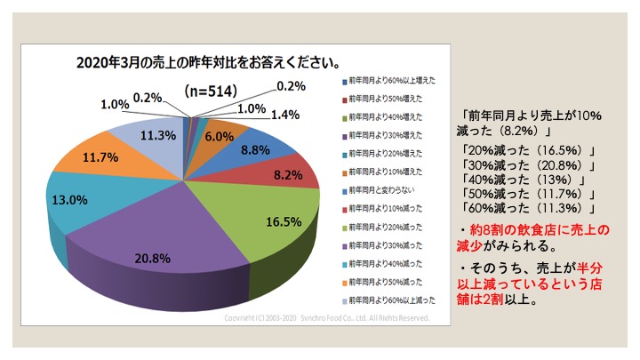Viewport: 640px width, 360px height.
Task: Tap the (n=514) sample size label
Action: (x=212, y=91)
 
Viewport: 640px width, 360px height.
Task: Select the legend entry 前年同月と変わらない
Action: (x=386, y=190)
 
